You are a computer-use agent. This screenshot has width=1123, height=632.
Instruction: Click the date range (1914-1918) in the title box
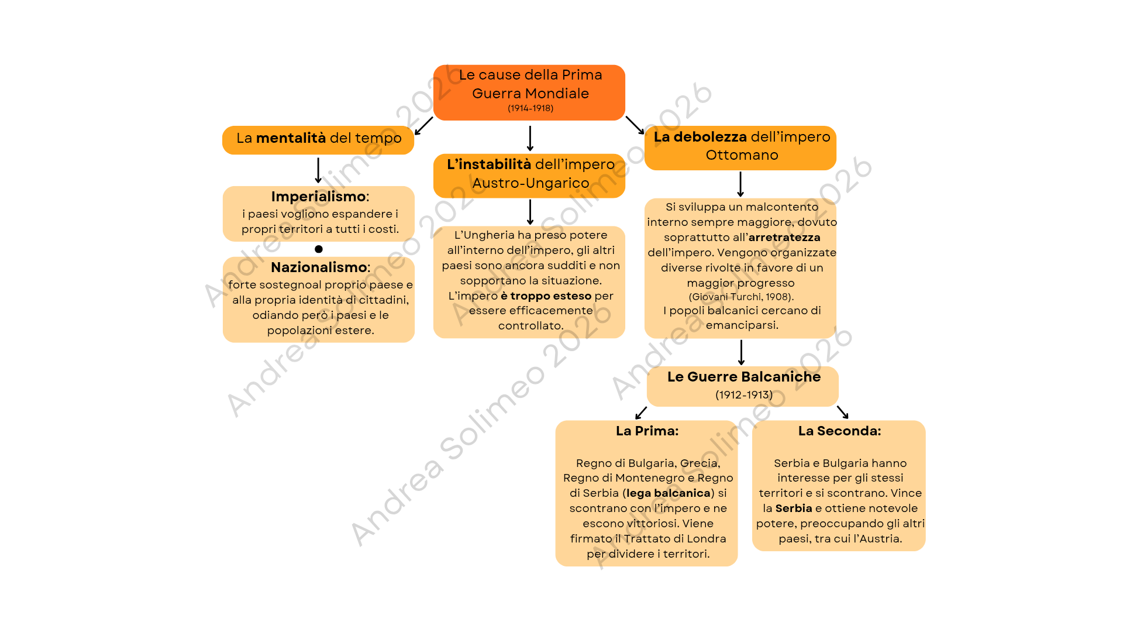click(x=531, y=108)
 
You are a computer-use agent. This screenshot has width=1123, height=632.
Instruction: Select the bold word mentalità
click(x=291, y=138)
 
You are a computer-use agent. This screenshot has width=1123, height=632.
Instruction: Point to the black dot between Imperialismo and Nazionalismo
click(x=319, y=249)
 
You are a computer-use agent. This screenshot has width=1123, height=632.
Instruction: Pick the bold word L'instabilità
click(x=489, y=164)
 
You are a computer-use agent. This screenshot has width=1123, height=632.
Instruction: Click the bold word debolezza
click(x=710, y=137)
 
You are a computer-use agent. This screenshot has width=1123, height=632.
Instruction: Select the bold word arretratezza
click(x=784, y=238)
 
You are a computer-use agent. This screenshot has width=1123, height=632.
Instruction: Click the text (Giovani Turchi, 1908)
click(x=741, y=297)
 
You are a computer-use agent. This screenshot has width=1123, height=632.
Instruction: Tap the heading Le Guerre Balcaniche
click(x=744, y=377)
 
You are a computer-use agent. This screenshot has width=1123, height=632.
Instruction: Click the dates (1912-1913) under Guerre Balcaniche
click(x=744, y=395)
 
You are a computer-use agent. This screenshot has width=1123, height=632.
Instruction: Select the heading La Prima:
click(x=647, y=431)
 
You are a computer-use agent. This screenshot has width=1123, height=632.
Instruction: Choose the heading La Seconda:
click(x=840, y=431)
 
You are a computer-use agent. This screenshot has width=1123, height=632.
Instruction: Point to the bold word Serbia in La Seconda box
click(x=794, y=509)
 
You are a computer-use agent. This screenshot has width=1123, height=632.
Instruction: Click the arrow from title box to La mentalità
click(x=423, y=126)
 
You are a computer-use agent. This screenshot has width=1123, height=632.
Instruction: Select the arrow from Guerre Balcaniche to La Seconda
click(x=842, y=412)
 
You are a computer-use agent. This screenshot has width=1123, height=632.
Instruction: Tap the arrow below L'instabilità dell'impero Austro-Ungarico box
click(x=530, y=212)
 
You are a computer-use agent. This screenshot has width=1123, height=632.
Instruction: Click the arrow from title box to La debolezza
click(x=635, y=125)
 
